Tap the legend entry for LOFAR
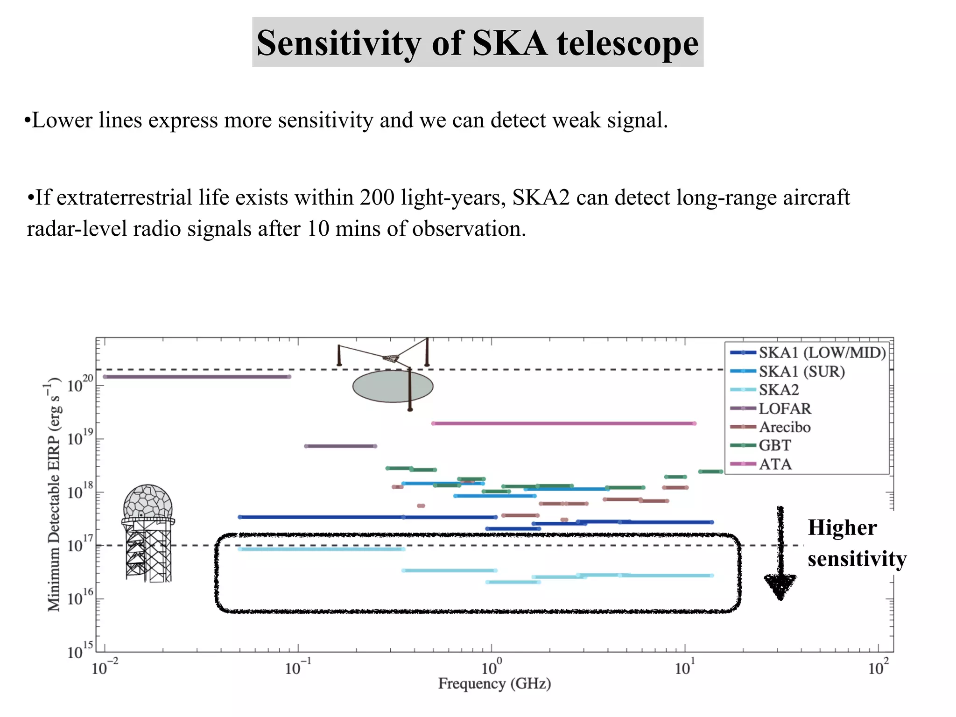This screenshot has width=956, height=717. pyautogui.click(x=784, y=408)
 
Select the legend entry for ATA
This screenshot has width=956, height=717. pyautogui.click(x=775, y=464)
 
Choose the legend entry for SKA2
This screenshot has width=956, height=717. pyautogui.click(x=779, y=390)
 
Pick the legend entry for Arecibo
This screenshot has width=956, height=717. pyautogui.click(x=784, y=427)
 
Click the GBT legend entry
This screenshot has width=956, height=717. pyautogui.click(x=774, y=445)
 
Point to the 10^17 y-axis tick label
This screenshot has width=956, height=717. pyautogui.click(x=80, y=545)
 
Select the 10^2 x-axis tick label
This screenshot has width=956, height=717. pyautogui.click(x=878, y=668)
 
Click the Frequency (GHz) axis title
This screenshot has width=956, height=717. pyautogui.click(x=494, y=684)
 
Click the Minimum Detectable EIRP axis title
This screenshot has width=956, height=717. pyautogui.click(x=55, y=495)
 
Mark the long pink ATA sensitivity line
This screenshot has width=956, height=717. pyautogui.click(x=564, y=423)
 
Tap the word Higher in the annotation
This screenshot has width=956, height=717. pyautogui.click(x=842, y=528)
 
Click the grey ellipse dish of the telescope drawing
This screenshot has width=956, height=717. pyautogui.click(x=393, y=386)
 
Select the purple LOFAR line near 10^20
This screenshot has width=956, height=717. pyautogui.click(x=196, y=377)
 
